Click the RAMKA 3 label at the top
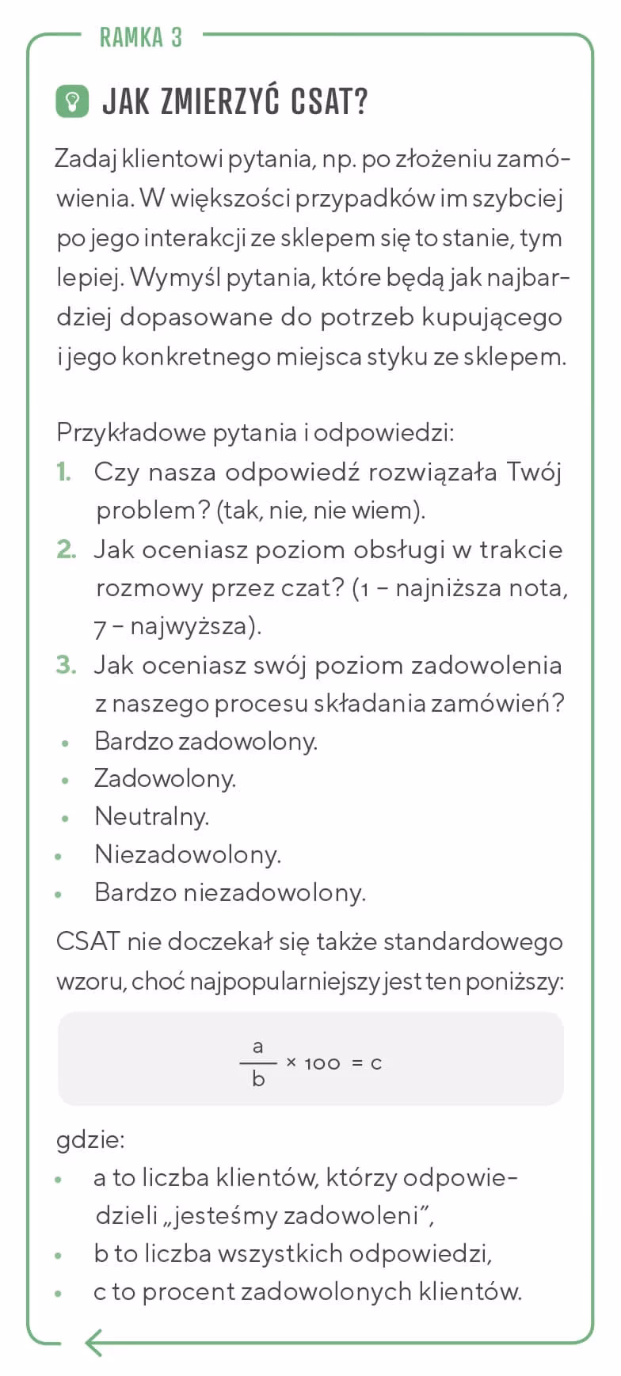point(140,37)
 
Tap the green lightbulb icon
point(72,101)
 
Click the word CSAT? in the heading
point(329,102)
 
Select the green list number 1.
point(64,472)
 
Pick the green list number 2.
point(66,549)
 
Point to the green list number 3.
point(66,665)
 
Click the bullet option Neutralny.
point(151,816)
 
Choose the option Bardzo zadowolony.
point(205,741)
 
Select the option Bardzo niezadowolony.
point(230,892)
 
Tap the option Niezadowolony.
point(188,854)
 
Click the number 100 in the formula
point(322,1063)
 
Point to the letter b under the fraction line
point(258,1079)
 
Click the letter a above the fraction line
point(258,1047)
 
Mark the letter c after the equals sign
point(376,1063)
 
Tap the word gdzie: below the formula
point(90,1140)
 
